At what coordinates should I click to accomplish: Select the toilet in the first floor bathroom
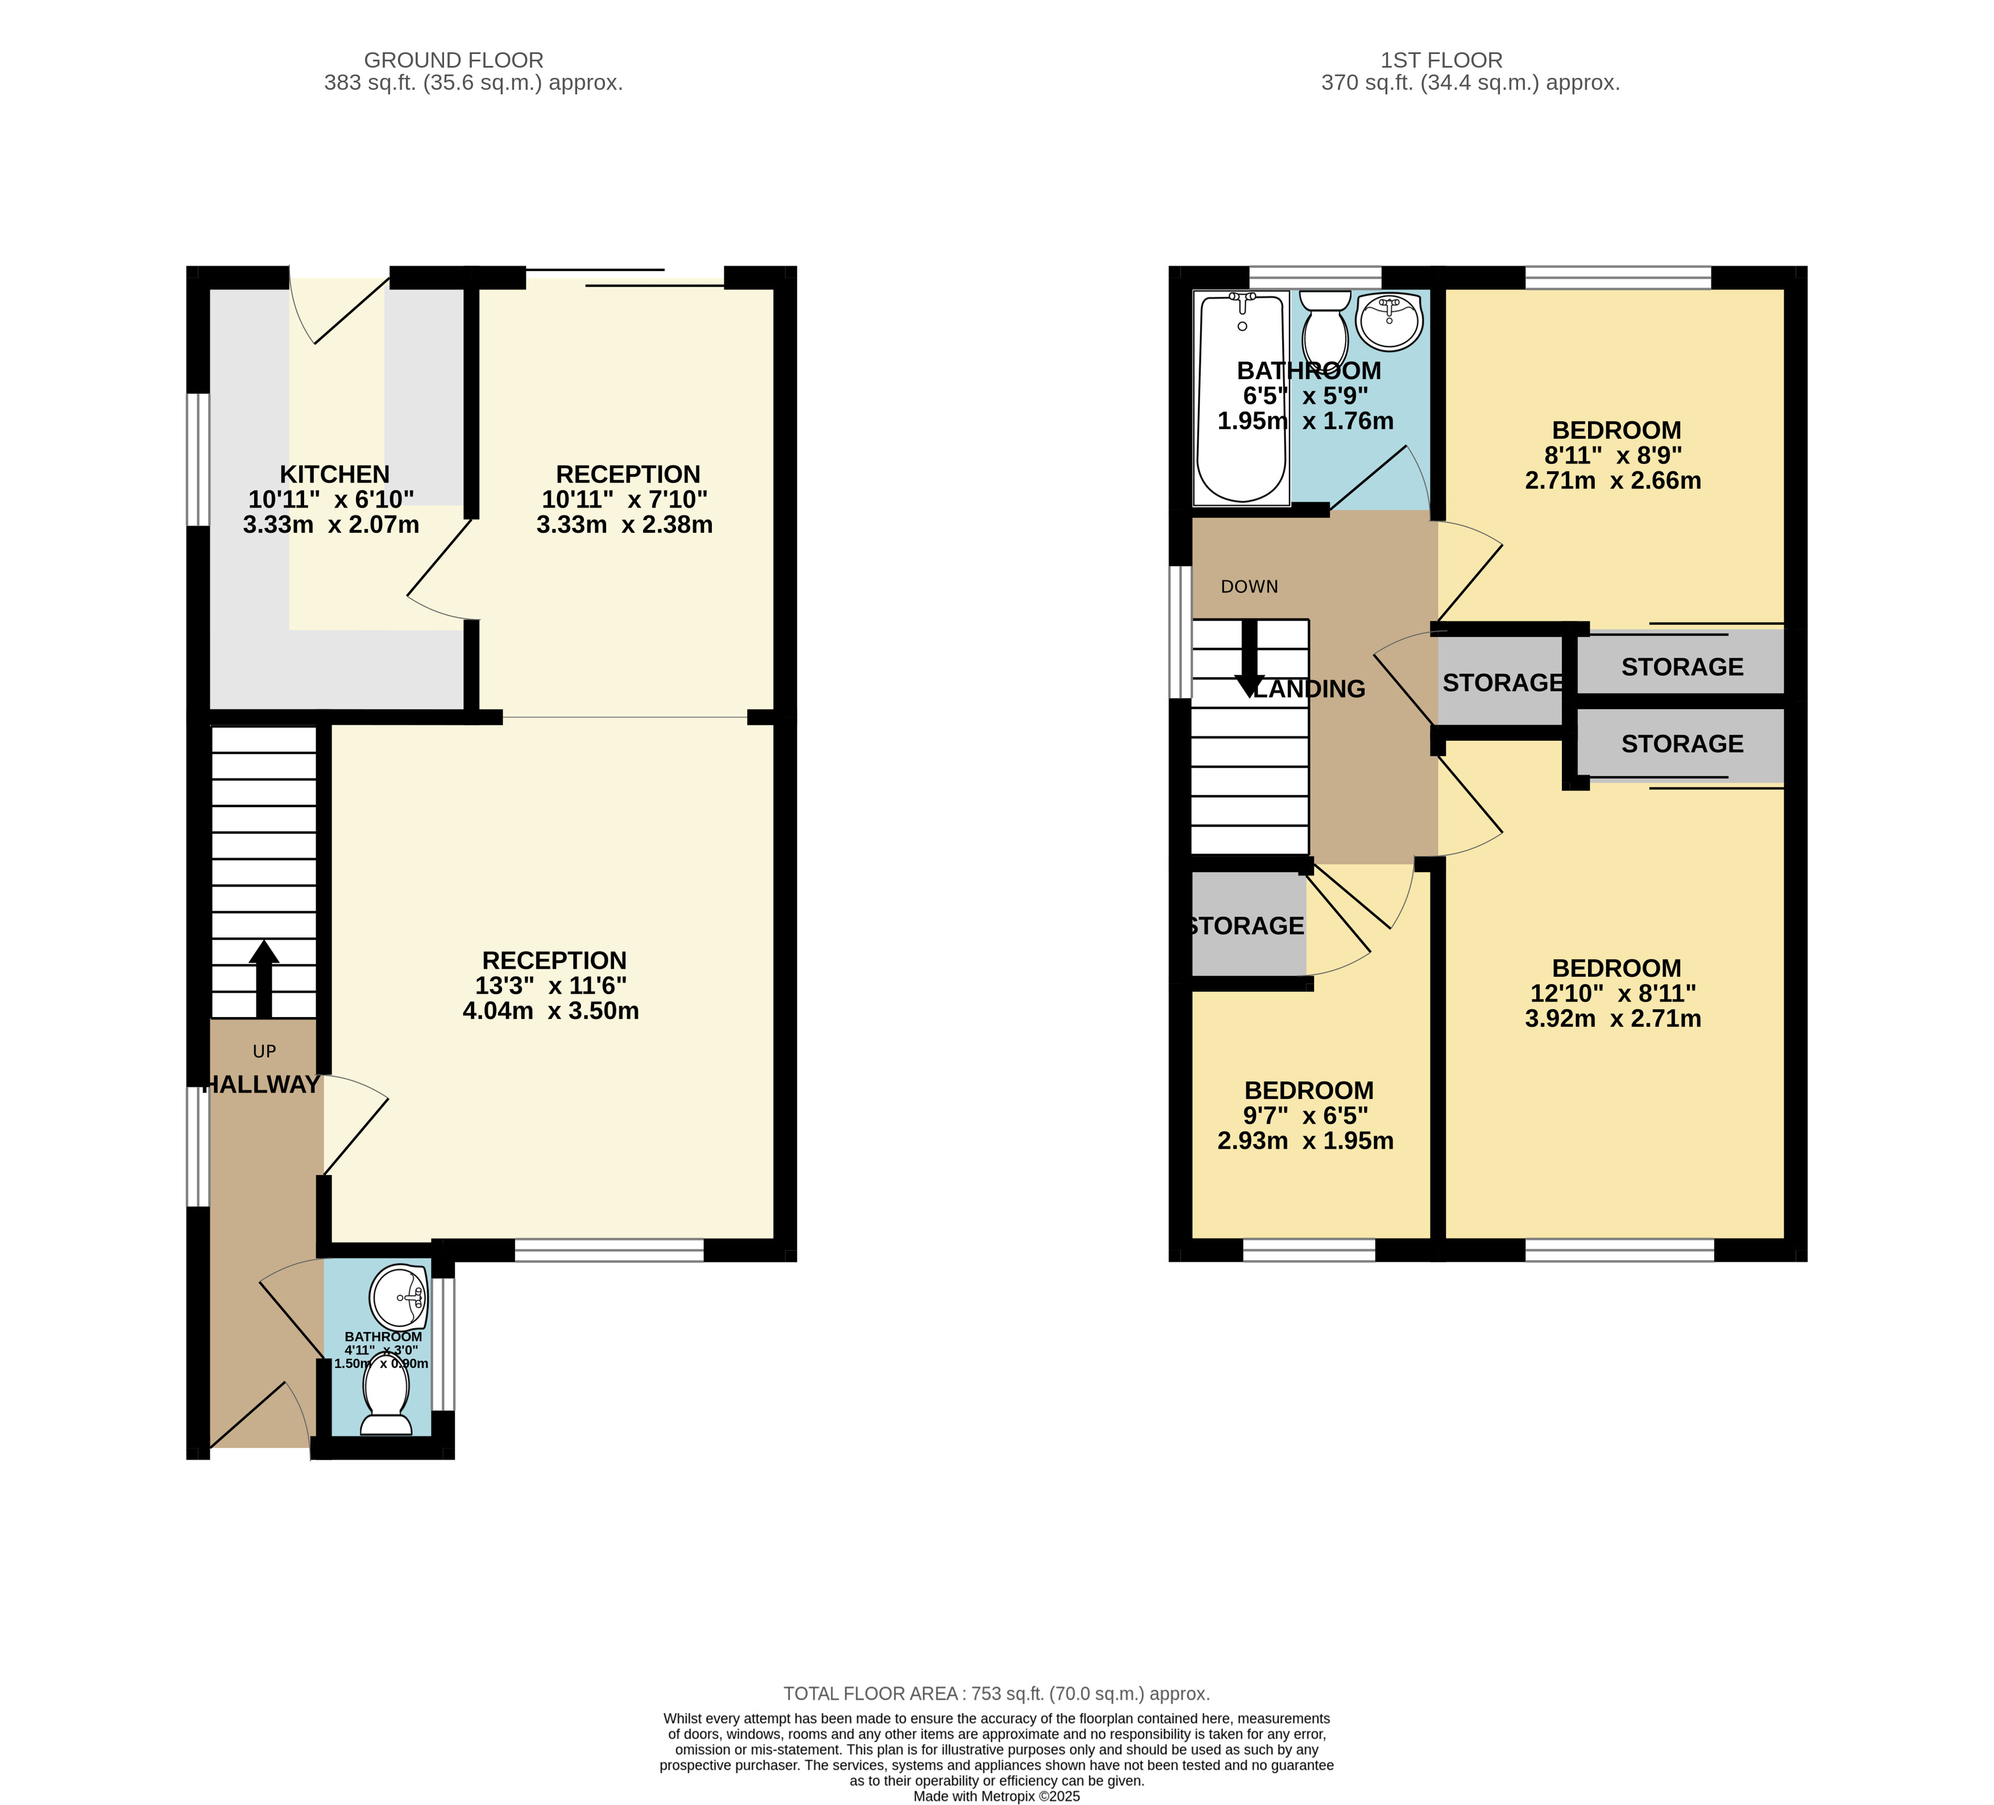1325,329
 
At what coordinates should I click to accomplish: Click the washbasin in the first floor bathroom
1390,321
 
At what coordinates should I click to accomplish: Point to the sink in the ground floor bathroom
399,1297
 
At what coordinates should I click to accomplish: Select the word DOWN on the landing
1249,587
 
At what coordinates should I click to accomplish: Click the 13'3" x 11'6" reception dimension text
551,986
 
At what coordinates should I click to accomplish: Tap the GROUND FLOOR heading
454,60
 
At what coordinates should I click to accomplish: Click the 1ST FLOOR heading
1442,60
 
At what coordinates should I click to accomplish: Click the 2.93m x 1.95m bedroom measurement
1305,1142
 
